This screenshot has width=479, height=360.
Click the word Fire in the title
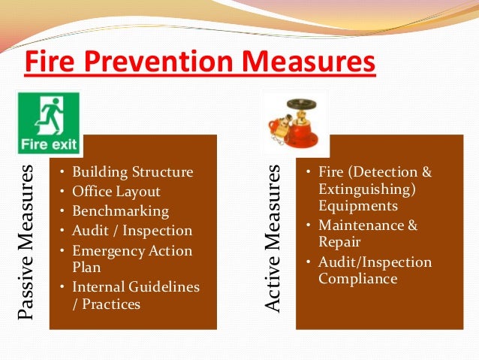[x=50, y=61]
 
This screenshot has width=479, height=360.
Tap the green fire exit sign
[x=49, y=123]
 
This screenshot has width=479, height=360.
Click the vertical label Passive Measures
[x=28, y=231]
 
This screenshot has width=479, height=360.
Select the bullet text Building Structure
[x=132, y=172]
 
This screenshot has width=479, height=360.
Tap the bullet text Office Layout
[x=116, y=192]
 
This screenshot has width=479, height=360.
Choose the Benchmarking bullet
[x=120, y=211]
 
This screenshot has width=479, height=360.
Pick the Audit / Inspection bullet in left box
[x=132, y=231]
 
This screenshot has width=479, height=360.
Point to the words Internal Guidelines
[x=136, y=286]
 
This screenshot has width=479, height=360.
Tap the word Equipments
[x=358, y=205]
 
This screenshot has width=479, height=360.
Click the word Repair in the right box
[x=339, y=242]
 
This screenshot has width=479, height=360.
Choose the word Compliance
[x=357, y=278]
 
